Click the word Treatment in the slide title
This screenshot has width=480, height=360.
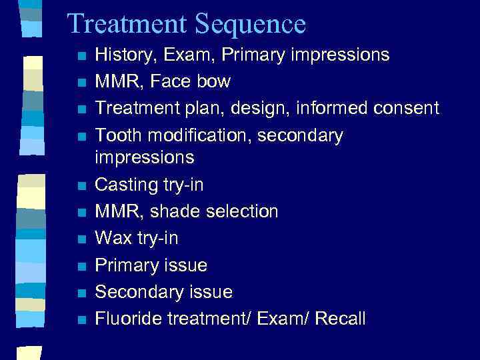pyautogui.click(x=127, y=24)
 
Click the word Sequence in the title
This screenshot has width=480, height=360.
pyautogui.click(x=251, y=25)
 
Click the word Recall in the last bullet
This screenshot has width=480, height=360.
pyautogui.click(x=340, y=318)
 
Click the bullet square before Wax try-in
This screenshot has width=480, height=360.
pyautogui.click(x=80, y=239)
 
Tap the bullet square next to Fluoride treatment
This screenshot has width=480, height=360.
pyautogui.click(x=80, y=319)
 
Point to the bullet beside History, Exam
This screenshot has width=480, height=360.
pyautogui.click(x=80, y=56)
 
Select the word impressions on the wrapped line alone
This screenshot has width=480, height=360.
pyautogui.click(x=145, y=158)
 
